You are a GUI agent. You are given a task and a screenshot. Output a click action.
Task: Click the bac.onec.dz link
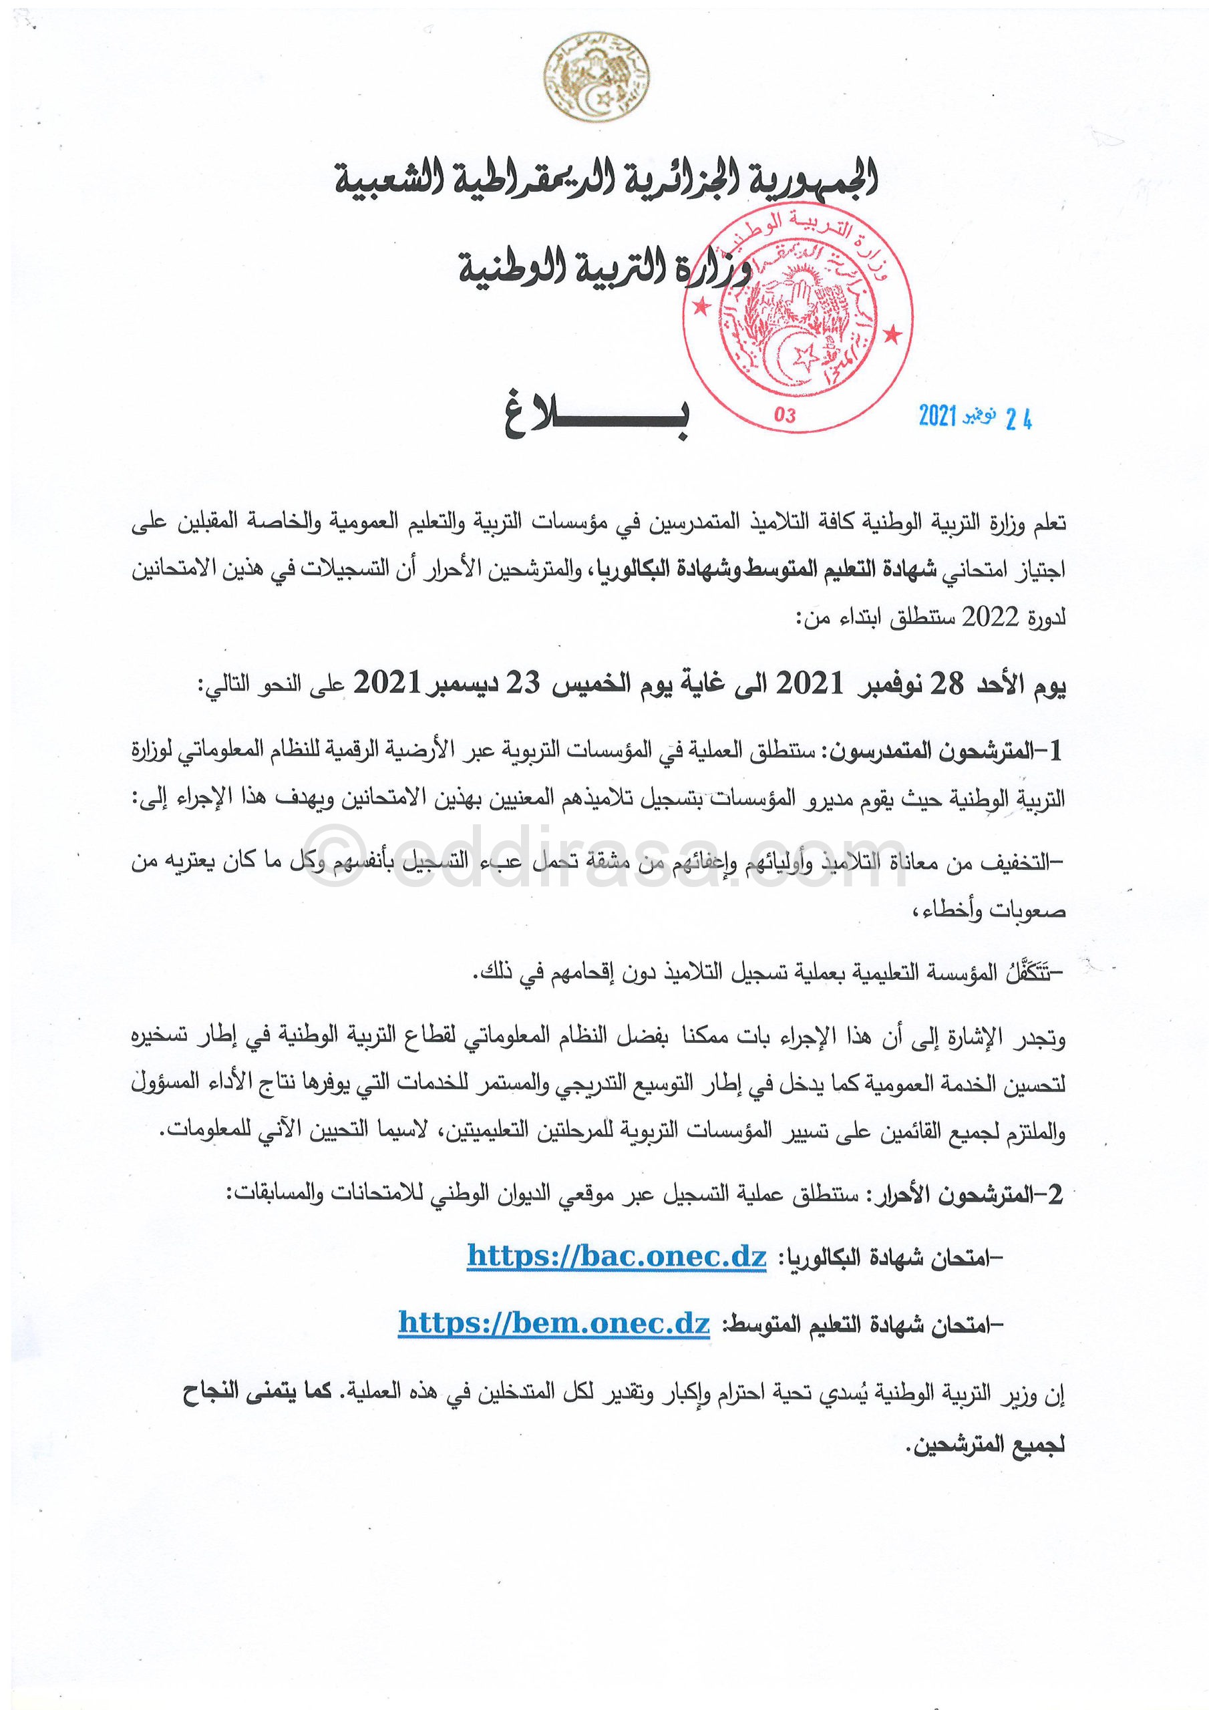point(616,1257)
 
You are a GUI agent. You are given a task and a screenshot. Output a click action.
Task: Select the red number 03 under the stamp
point(784,415)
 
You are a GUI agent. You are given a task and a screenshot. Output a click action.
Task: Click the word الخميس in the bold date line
point(593,683)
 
